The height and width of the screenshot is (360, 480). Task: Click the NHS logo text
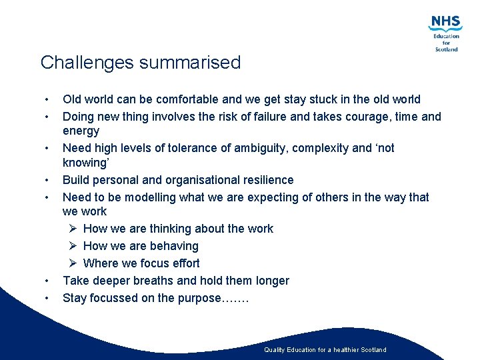pos(445,23)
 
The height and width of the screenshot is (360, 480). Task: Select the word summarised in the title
pos(191,63)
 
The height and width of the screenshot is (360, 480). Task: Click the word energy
pos(81,131)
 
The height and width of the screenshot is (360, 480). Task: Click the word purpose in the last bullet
pos(198,298)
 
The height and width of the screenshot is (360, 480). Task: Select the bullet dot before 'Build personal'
pos(47,180)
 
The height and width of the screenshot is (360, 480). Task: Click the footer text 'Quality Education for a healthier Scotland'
pos(325,350)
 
